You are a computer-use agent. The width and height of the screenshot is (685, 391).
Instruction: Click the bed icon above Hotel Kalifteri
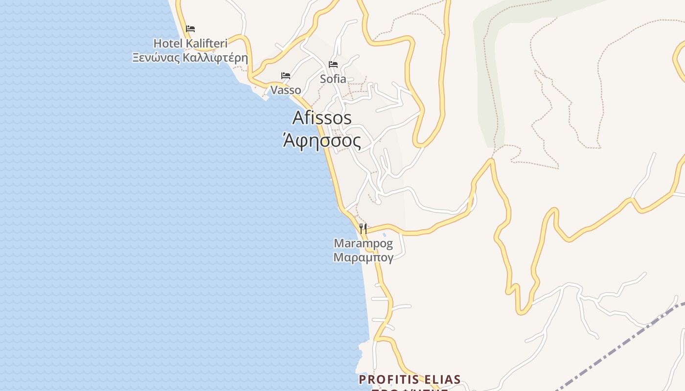tap(190, 29)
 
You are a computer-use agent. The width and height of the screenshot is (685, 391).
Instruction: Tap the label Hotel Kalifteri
tap(190, 43)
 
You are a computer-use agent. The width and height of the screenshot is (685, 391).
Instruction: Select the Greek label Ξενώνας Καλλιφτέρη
tap(190, 58)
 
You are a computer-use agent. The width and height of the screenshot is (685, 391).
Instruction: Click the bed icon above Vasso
tap(286, 76)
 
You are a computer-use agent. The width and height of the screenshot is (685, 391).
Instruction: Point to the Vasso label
tap(286, 90)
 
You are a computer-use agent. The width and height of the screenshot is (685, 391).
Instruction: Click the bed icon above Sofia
tap(333, 65)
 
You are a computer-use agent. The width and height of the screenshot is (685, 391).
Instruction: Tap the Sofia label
tap(333, 79)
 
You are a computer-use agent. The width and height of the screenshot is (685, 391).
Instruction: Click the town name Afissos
tap(322, 118)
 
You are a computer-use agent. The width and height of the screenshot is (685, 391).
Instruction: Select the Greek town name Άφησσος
tap(322, 141)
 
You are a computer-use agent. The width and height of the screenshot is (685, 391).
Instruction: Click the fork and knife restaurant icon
tap(363, 228)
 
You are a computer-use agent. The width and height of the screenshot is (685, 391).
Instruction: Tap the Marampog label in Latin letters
tap(363, 243)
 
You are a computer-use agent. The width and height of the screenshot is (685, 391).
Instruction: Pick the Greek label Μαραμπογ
tap(363, 258)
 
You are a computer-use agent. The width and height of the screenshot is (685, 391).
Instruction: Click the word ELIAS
tap(443, 380)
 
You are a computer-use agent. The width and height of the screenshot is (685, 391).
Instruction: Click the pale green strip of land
tap(489, 98)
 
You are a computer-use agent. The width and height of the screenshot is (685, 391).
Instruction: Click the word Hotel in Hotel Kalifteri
tap(168, 43)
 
